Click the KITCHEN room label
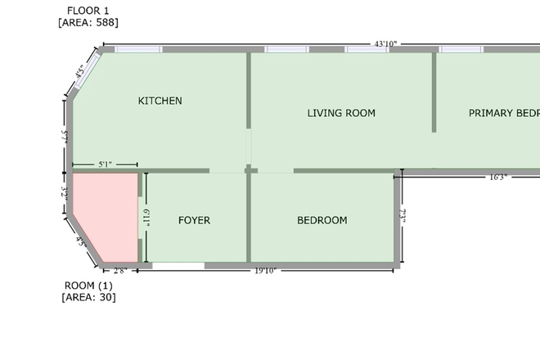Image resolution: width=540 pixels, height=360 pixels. tap(160, 101)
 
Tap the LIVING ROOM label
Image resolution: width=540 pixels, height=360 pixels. tap(341, 113)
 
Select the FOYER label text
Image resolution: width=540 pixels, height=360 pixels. tap(194, 220)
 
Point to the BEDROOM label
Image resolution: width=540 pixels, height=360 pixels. tap(322, 220)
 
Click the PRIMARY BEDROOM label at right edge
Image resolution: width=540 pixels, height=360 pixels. tap(503, 113)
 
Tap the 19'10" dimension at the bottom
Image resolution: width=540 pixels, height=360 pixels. tap(265, 270)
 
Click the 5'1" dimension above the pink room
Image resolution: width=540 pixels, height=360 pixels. tap(105, 164)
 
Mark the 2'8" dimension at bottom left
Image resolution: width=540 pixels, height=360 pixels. tap(119, 270)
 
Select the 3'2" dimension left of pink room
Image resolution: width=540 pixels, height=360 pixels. tap(64, 195)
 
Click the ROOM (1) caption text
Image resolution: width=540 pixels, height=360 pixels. tap(88, 285)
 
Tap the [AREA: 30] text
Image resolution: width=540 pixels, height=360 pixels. tap(88, 296)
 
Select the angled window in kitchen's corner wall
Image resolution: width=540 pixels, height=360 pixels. tap(86, 71)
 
